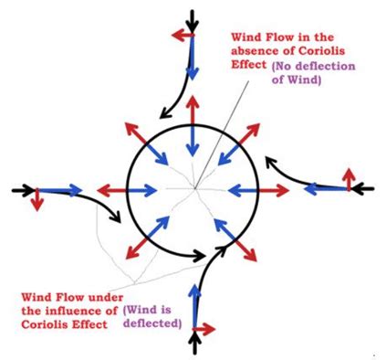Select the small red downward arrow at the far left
pyautogui.click(x=37, y=200)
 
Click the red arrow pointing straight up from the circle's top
pyautogui.click(x=193, y=109)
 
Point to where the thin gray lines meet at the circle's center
pyautogui.click(x=193, y=189)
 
